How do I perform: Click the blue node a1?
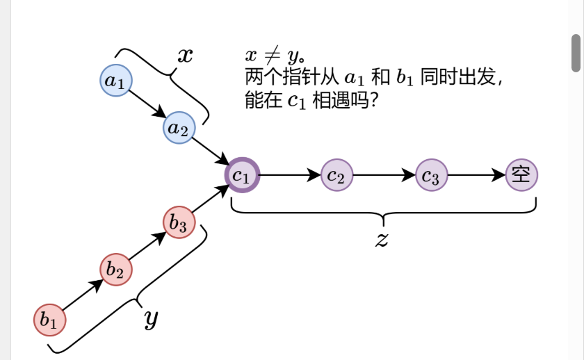tap(115, 80)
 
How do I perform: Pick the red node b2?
tap(116, 270)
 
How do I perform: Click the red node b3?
tap(179, 222)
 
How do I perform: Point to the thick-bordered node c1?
tap(243, 174)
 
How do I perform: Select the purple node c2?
tap(337, 174)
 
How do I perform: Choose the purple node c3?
tap(432, 174)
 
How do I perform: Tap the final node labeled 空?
tap(521, 174)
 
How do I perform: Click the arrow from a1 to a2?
tap(147, 104)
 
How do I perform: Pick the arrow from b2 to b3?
tap(147, 246)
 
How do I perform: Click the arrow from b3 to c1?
tap(211, 199)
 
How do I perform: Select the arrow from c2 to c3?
tap(384, 174)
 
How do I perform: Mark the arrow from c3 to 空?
tap(477, 174)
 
